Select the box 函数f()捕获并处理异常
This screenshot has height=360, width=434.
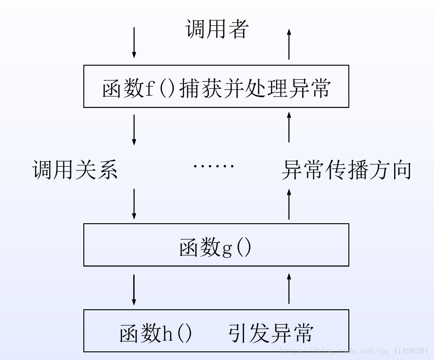(216, 86)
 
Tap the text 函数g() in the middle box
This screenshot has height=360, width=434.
(215, 248)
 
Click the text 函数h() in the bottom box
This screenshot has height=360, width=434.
(156, 333)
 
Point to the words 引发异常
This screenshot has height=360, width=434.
(270, 333)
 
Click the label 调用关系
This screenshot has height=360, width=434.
(75, 171)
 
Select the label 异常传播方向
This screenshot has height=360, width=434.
(346, 171)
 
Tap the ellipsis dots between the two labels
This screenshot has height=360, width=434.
(213, 167)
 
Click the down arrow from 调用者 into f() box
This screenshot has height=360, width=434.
(134, 43)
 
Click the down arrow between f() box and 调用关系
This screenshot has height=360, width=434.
(134, 130)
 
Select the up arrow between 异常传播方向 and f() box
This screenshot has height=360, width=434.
(289, 129)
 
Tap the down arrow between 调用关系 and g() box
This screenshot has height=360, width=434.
(134, 204)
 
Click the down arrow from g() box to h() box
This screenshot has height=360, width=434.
(134, 289)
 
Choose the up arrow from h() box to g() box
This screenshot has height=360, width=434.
(289, 288)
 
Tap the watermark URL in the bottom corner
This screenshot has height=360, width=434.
(354, 350)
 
